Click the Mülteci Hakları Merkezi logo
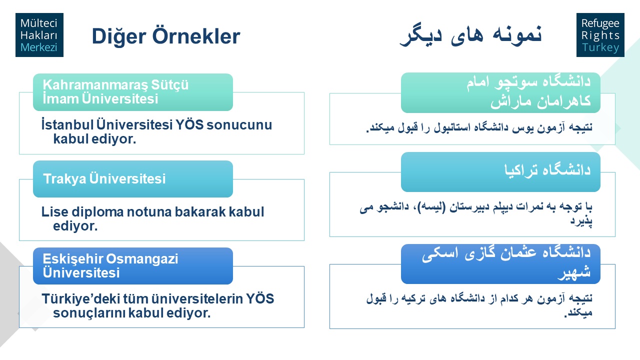click(39, 35)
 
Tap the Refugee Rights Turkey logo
click(600, 35)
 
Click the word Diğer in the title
click(119, 37)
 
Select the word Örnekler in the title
click(196, 36)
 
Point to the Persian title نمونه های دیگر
click(470, 35)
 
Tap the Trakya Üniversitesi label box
click(133, 179)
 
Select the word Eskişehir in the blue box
click(73, 259)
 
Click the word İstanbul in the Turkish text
click(67, 125)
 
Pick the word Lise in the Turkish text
click(55, 212)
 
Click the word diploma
click(97, 212)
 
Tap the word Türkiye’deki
click(80, 299)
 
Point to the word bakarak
click(200, 212)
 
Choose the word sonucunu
click(239, 125)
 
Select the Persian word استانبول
click(452, 127)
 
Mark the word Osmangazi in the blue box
click(142, 259)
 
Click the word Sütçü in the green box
click(169, 85)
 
